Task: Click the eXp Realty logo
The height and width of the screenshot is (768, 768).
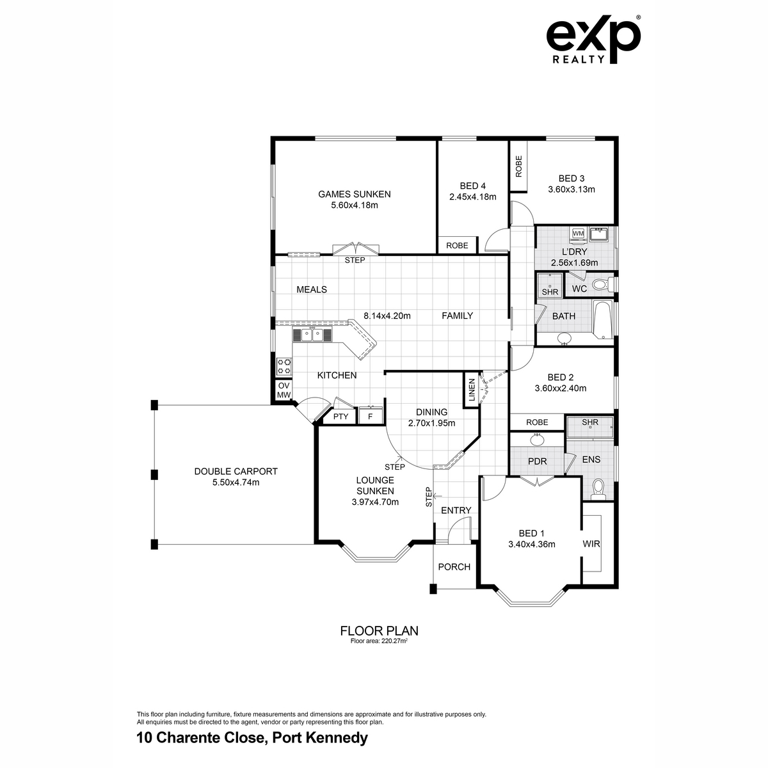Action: click(x=593, y=40)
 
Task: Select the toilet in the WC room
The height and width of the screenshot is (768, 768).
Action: click(x=601, y=285)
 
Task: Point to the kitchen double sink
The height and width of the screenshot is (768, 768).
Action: click(x=312, y=335)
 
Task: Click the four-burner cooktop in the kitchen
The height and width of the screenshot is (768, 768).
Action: click(x=284, y=366)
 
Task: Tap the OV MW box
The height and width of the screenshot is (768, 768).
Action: click(x=284, y=390)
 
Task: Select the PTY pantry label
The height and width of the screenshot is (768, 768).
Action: click(x=340, y=417)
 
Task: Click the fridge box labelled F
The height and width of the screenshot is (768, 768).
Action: click(x=371, y=416)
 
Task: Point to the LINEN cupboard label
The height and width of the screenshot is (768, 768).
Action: click(x=472, y=390)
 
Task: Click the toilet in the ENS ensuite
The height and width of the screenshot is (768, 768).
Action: click(x=598, y=490)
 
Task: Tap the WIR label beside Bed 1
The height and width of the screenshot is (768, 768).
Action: click(x=591, y=543)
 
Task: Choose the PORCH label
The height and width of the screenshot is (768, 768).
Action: click(x=454, y=566)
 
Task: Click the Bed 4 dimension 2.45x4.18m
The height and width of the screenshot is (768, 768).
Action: click(x=473, y=196)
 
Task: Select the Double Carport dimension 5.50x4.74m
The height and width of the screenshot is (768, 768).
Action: click(x=236, y=483)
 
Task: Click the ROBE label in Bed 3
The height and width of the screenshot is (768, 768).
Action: click(x=518, y=166)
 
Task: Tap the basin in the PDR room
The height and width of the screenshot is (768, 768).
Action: click(x=537, y=440)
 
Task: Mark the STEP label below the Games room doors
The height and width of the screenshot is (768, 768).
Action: click(x=355, y=260)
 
